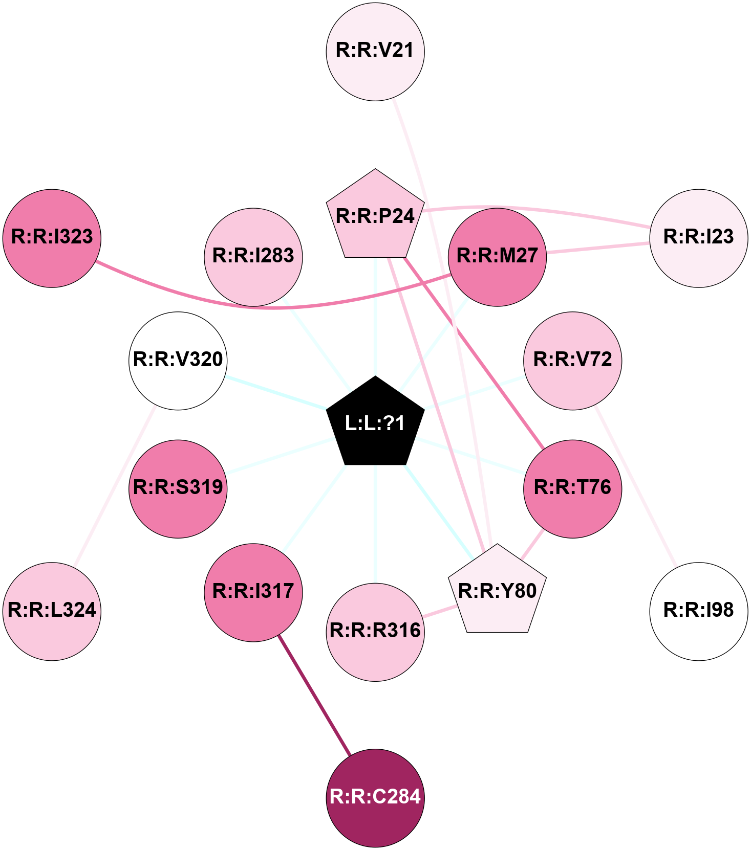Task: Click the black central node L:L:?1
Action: tap(375, 423)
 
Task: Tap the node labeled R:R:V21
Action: tap(375, 51)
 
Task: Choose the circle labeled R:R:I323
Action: tap(52, 238)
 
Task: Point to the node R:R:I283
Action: tap(253, 256)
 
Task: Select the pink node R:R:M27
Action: tap(497, 256)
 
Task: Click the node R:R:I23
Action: tap(698, 238)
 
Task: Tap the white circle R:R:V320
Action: tap(178, 361)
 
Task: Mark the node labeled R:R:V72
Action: tap(572, 361)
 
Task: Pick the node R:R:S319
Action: tap(178, 488)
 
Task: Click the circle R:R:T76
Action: tap(572, 488)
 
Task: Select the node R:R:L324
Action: tap(52, 611)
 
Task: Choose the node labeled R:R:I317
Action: tap(253, 592)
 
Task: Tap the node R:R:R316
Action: tap(375, 632)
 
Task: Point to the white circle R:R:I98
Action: tap(698, 611)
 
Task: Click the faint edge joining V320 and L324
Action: tap(115, 486)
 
